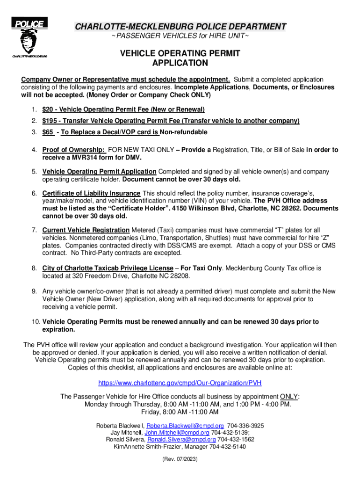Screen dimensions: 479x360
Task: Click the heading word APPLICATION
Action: (180, 63)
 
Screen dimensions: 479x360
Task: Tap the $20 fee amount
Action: (47, 109)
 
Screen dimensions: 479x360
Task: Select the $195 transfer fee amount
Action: (49, 121)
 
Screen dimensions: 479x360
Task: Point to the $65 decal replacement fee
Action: (47, 132)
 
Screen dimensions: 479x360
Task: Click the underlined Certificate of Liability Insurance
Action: (91, 193)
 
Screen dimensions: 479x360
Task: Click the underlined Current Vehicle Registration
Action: (86, 230)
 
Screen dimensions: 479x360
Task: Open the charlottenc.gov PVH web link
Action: (180, 383)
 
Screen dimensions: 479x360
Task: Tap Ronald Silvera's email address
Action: (181, 440)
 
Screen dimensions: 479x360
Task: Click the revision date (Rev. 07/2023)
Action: (180, 460)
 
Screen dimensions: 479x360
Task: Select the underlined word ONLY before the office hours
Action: (288, 397)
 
